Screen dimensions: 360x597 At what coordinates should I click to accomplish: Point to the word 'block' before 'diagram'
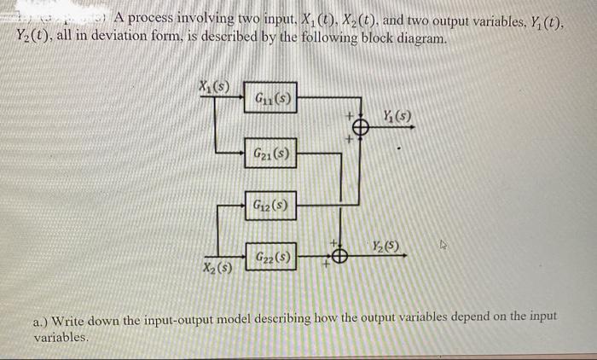point(383,38)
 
